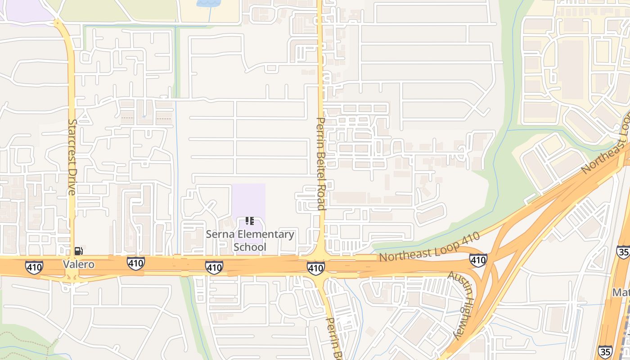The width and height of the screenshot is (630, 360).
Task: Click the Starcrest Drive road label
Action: (x=72, y=157)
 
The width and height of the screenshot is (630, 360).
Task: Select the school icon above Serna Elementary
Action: (x=250, y=221)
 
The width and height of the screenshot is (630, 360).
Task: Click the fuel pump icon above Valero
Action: (x=78, y=251)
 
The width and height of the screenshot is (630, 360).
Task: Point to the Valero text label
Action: (x=79, y=264)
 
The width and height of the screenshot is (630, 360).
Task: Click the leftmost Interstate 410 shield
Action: (x=34, y=267)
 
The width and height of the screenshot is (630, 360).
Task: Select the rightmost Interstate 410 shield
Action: (x=477, y=260)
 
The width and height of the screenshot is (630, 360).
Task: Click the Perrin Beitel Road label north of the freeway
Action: (x=321, y=163)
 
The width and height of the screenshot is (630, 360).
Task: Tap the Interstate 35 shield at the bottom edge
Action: (x=605, y=351)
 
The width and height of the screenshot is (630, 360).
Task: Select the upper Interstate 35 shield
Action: (x=623, y=252)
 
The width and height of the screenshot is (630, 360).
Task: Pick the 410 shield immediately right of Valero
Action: (x=135, y=263)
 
